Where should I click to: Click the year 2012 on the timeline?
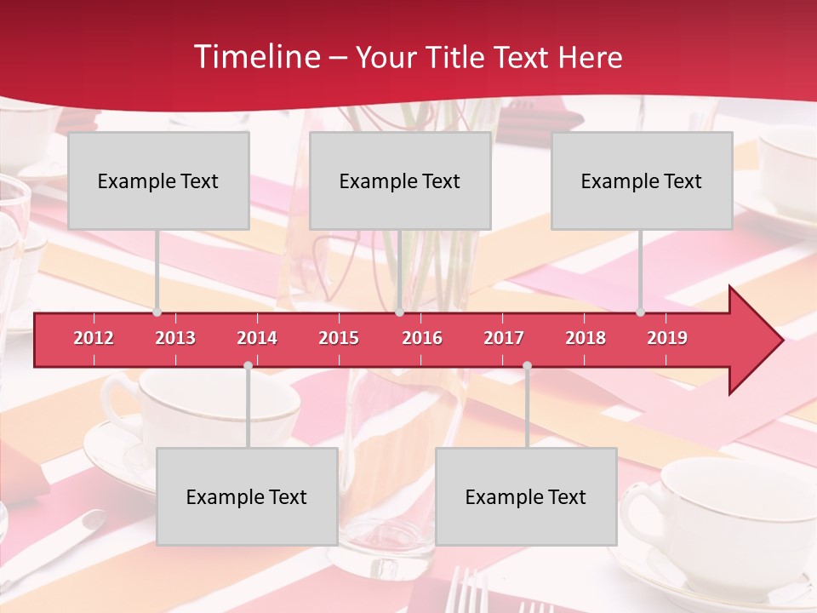coord(94,338)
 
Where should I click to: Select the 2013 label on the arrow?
coord(175,338)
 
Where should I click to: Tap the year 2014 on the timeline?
coord(257,338)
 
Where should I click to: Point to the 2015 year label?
coord(339,338)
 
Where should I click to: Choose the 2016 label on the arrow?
coord(422,338)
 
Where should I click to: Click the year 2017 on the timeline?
coord(504,338)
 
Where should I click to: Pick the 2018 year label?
coord(586,338)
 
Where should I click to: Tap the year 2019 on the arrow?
coord(667,338)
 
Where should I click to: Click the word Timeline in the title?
coord(255,57)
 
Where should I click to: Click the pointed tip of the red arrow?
coord(780,341)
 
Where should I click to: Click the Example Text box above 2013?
coord(158,180)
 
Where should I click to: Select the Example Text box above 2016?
coord(400,180)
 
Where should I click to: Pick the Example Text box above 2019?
coord(642,180)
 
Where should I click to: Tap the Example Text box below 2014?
coord(247,496)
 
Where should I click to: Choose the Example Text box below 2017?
coord(526,496)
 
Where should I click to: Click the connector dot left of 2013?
coord(157,312)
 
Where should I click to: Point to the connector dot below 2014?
coord(248,365)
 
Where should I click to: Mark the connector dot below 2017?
coord(527,365)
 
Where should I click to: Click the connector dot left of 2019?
coord(641,312)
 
